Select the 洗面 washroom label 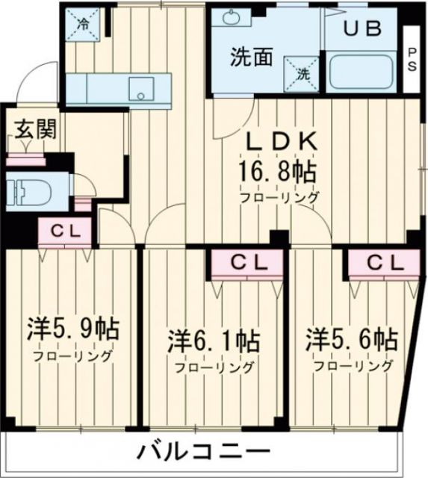click(250, 58)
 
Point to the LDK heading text click(283, 141)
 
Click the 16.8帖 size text click(276, 172)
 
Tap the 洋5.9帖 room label click(73, 329)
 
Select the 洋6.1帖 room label click(214, 341)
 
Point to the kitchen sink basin click(140, 89)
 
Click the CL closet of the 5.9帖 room click(66, 232)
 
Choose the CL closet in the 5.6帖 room click(383, 263)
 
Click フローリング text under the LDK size click(279, 197)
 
